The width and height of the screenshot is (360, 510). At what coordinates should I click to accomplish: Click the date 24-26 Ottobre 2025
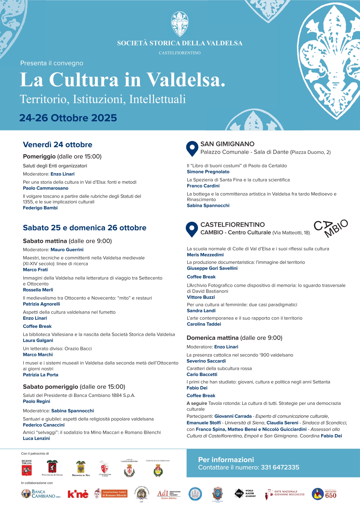(68, 118)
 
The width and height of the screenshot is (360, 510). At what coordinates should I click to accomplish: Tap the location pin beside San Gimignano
(192, 148)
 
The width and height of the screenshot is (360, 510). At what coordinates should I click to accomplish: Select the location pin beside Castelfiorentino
(192, 229)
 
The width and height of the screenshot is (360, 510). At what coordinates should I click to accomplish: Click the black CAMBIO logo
(331, 228)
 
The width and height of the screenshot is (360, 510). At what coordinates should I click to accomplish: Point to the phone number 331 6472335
(280, 467)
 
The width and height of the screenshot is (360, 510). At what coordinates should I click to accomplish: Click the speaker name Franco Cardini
(203, 186)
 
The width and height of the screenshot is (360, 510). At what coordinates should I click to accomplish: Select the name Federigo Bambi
(40, 208)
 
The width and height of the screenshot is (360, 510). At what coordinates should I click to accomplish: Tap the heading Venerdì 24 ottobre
(57, 145)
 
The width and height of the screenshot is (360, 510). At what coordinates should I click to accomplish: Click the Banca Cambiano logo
(41, 494)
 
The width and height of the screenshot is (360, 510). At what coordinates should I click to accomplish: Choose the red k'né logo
(78, 494)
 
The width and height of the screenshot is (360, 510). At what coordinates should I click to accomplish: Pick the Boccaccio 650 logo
(324, 494)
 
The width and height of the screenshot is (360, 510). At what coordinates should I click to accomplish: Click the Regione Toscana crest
(27, 468)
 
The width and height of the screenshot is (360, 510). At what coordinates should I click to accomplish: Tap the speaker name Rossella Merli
(38, 290)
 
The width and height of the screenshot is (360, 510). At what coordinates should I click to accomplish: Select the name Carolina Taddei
(204, 324)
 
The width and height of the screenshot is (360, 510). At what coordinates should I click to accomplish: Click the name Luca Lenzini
(36, 438)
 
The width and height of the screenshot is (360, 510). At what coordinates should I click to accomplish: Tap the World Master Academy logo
(245, 493)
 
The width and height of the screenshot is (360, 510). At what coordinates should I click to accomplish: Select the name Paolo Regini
(36, 401)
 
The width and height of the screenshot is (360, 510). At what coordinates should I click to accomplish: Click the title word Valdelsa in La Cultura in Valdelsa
(186, 80)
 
